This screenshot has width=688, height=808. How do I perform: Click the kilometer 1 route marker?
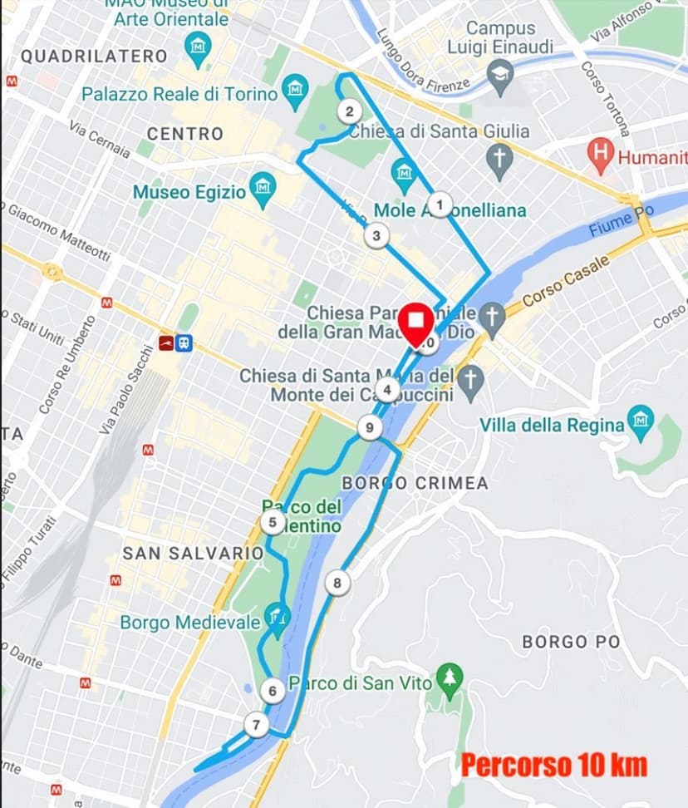tap(440, 203)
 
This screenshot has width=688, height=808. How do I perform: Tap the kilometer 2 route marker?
tap(349, 111)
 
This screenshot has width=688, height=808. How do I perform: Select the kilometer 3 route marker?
tap(376, 236)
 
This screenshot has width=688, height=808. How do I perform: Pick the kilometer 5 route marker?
tap(272, 523)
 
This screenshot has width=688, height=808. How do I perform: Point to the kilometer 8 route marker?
tap(337, 583)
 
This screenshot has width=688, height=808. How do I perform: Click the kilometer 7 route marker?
tap(256, 725)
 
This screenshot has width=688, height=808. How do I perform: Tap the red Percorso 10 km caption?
tap(553, 764)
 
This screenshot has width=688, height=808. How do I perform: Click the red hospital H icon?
tap(599, 153)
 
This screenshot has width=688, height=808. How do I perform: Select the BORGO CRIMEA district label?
tap(415, 483)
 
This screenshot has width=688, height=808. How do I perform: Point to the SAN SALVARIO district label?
tap(193, 553)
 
